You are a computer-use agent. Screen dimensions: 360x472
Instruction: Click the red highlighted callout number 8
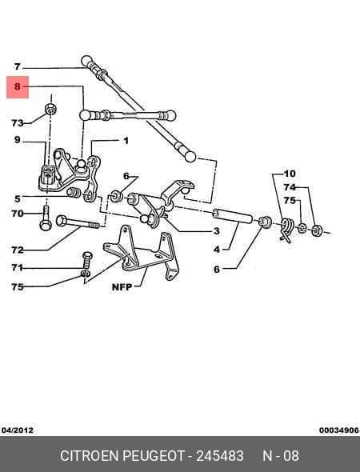click(x=17, y=86)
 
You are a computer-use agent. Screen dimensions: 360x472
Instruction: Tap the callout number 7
click(x=18, y=66)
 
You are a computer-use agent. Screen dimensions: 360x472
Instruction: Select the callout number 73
click(x=18, y=123)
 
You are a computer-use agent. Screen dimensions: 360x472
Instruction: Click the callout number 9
click(x=17, y=140)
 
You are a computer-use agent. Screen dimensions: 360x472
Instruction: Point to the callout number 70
click(x=17, y=214)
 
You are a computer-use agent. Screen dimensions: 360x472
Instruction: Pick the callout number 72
click(x=17, y=250)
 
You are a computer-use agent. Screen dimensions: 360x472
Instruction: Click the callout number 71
click(x=17, y=267)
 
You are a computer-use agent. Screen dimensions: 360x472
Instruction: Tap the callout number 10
click(x=290, y=174)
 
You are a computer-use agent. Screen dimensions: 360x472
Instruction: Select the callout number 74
click(x=290, y=187)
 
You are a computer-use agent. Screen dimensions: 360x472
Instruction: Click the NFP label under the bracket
click(x=122, y=287)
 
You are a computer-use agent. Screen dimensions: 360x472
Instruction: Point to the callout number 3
click(x=217, y=231)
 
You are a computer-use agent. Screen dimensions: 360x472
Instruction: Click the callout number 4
click(x=217, y=250)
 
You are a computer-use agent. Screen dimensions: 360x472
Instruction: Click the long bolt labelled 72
click(x=78, y=222)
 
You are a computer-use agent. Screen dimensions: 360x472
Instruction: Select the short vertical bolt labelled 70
click(x=46, y=218)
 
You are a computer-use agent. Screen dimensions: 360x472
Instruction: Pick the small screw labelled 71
click(x=87, y=260)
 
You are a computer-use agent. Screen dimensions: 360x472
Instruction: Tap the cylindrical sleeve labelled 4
click(x=233, y=216)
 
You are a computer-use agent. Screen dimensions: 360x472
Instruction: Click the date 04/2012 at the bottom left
click(x=18, y=430)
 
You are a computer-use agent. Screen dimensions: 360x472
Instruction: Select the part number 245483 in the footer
click(x=220, y=456)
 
